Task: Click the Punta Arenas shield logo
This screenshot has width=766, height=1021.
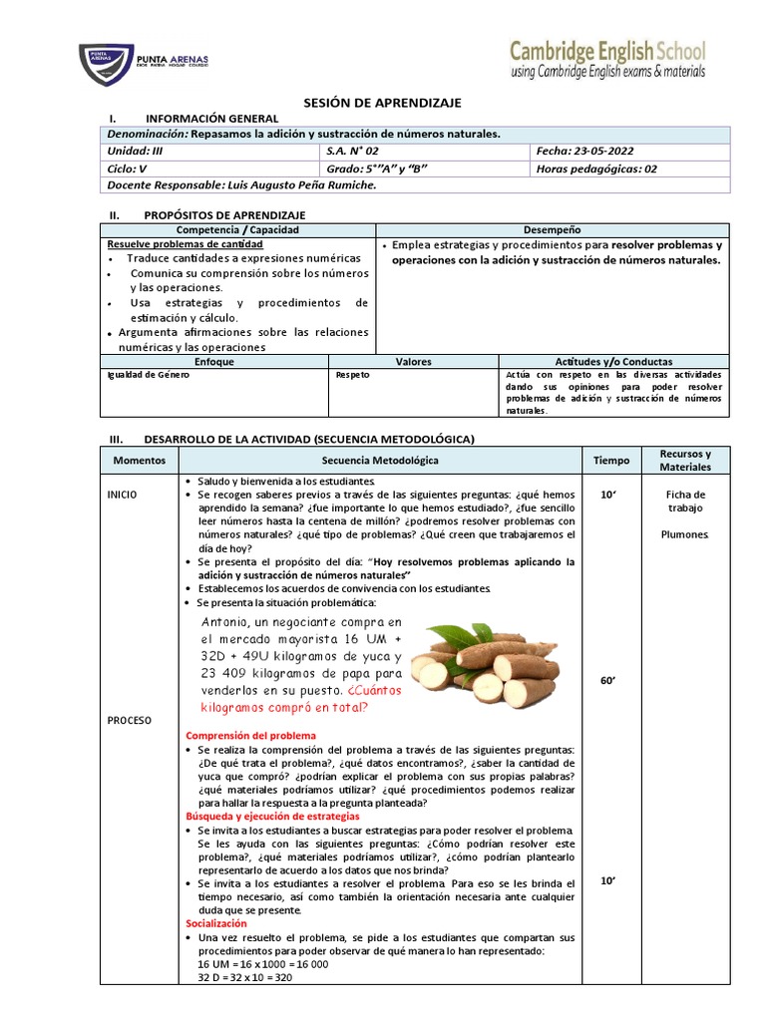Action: coord(106,64)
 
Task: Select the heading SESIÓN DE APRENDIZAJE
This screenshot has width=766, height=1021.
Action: coord(383,104)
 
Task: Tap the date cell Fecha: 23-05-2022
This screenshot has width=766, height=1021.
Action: coord(584,151)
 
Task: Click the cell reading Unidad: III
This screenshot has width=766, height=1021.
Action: coord(134,151)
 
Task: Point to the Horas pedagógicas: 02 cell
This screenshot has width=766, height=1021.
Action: coord(596,169)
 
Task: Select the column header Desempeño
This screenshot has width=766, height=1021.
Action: coord(552,229)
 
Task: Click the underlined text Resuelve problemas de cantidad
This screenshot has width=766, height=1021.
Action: coord(185,244)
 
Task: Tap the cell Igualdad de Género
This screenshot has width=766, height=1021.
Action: coord(147,375)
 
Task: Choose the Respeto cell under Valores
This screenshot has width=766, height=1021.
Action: coord(353,375)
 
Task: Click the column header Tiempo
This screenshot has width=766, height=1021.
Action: coord(611,461)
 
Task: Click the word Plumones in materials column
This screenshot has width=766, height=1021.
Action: coord(685,534)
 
